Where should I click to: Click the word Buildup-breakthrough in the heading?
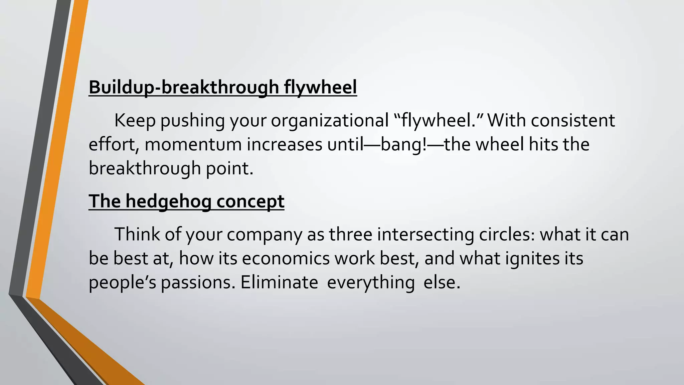click(184, 87)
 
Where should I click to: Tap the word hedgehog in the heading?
click(168, 201)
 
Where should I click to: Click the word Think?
click(137, 234)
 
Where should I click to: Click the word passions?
click(198, 282)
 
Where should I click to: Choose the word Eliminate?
click(279, 282)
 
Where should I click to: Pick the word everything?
click(371, 282)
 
